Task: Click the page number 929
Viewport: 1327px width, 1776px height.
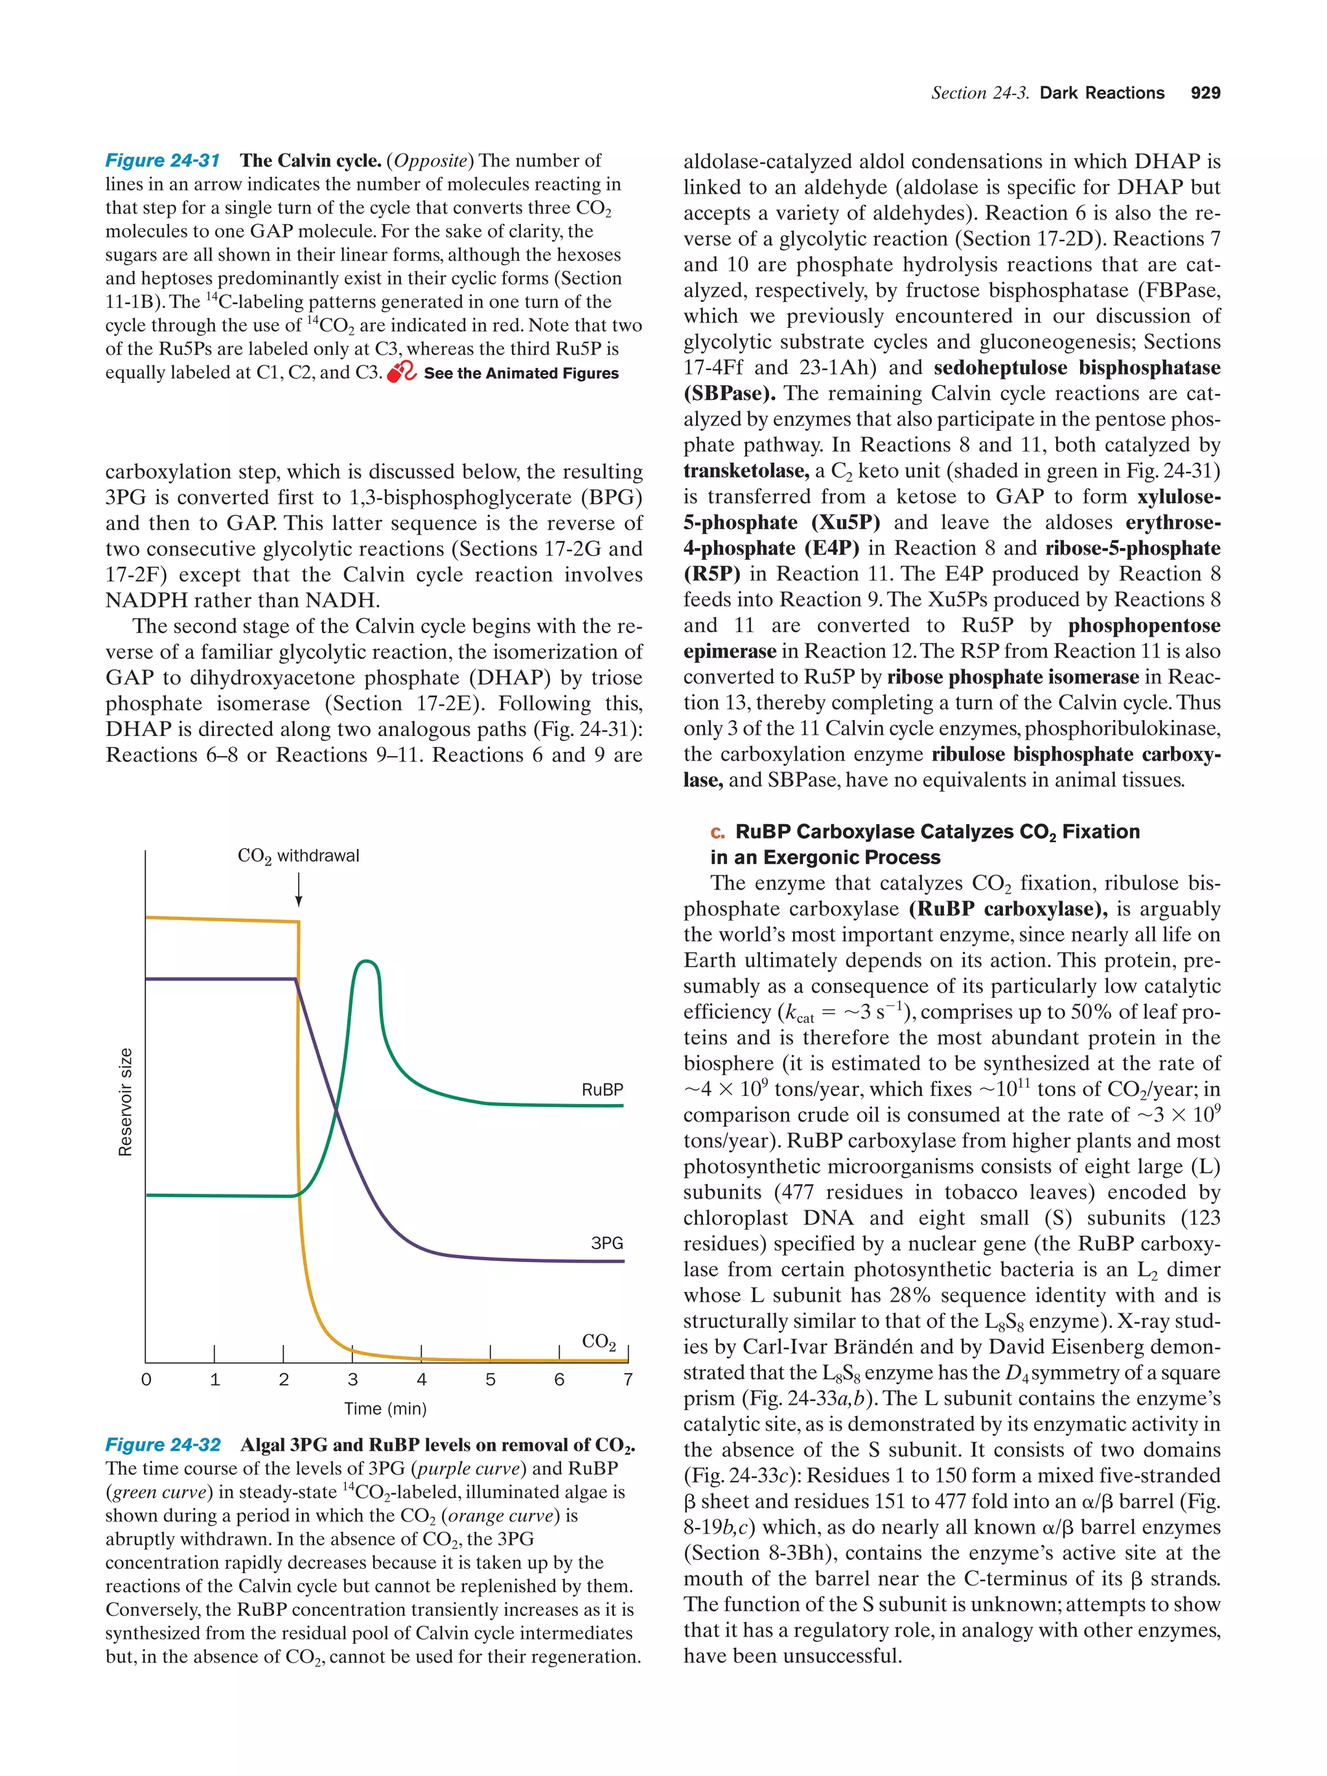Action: [x=1204, y=93]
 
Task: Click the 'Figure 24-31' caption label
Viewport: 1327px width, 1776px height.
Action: [x=162, y=161]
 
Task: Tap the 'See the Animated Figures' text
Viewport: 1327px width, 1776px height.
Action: [x=520, y=373]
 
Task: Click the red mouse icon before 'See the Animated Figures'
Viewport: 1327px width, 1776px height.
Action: [x=400, y=373]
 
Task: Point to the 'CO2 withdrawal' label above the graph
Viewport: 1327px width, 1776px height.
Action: [x=298, y=856]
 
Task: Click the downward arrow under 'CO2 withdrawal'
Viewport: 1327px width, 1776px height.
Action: [x=299, y=889]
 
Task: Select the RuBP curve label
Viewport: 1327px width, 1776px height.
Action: [x=601, y=1090]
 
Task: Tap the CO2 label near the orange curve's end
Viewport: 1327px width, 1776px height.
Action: [x=598, y=1342]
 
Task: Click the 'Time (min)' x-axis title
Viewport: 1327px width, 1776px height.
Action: [x=386, y=1408]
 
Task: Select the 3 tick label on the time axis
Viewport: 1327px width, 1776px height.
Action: [x=352, y=1379]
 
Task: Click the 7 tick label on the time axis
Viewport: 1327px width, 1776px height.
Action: [x=627, y=1379]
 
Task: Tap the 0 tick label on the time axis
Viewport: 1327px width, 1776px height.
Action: [x=146, y=1379]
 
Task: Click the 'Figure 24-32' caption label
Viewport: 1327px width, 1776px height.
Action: [x=162, y=1445]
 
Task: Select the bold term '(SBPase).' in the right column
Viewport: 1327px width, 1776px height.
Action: [x=729, y=394]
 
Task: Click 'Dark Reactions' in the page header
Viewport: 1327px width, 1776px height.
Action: [x=1101, y=93]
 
